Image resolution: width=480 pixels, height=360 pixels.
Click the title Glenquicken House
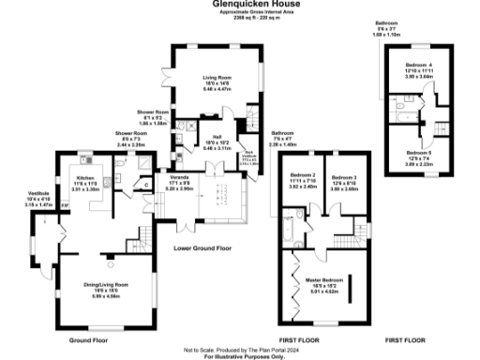click(241, 4)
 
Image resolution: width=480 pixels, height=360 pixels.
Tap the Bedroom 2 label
click(301, 176)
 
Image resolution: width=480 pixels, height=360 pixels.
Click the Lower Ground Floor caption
click(202, 248)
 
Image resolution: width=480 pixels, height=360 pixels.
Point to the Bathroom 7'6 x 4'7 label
click(283, 134)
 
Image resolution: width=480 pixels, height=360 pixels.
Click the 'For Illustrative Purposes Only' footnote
click(240, 355)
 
